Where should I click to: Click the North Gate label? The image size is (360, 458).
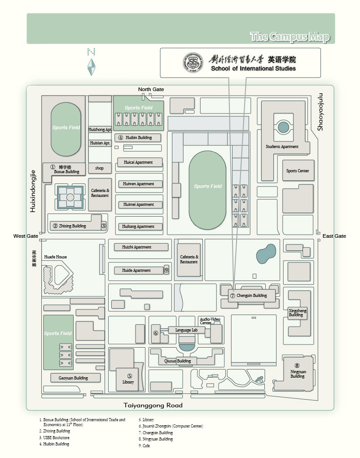click(x=151, y=89)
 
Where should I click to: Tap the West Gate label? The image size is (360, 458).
click(x=26, y=236)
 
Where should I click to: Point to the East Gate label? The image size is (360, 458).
click(x=334, y=236)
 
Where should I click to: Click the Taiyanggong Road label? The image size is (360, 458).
click(x=153, y=405)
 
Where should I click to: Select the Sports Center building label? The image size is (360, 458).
click(x=298, y=171)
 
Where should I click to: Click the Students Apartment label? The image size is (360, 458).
click(x=282, y=147)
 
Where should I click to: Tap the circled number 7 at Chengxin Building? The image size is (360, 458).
click(x=233, y=296)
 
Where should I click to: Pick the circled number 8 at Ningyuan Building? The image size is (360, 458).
click(x=297, y=365)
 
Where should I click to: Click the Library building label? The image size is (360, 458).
click(x=128, y=382)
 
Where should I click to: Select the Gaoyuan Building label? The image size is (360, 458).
click(x=73, y=378)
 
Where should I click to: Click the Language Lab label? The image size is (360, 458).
click(x=186, y=330)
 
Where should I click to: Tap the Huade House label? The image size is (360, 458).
click(x=55, y=257)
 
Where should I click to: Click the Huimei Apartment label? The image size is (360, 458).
click(x=139, y=205)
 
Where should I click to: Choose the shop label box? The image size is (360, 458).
click(x=99, y=168)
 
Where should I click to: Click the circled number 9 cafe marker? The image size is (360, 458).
click(x=166, y=270)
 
